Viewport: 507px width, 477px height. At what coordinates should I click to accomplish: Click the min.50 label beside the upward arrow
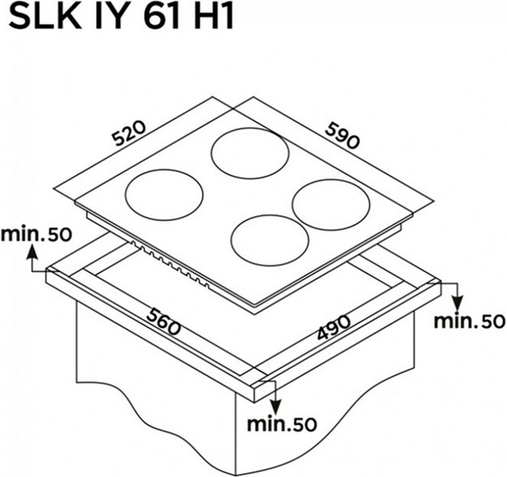pyautogui.click(x=36, y=234)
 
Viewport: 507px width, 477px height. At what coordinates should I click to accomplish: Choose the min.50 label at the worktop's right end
pyautogui.click(x=469, y=320)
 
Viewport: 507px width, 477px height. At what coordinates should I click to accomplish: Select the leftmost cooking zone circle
pyautogui.click(x=163, y=194)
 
